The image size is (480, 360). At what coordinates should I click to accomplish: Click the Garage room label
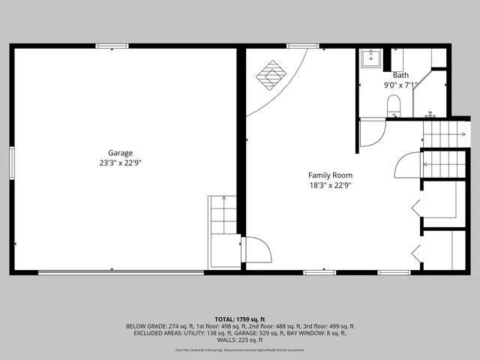(120, 152)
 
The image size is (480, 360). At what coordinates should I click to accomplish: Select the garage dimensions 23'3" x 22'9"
(120, 163)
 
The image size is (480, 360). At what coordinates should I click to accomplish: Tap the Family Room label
(330, 175)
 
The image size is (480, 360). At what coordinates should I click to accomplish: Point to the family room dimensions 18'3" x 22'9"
(330, 185)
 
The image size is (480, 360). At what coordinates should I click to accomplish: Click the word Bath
(400, 75)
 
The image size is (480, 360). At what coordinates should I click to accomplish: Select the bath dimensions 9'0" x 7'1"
(400, 85)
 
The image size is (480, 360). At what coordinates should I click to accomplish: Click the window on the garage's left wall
(11, 162)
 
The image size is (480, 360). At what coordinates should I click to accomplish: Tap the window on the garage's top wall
(106, 46)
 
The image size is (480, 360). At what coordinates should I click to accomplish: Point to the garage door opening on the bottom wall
(120, 272)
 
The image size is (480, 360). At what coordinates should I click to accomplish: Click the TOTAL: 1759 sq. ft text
(240, 319)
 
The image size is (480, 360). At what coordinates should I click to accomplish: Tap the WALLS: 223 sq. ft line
(240, 340)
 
